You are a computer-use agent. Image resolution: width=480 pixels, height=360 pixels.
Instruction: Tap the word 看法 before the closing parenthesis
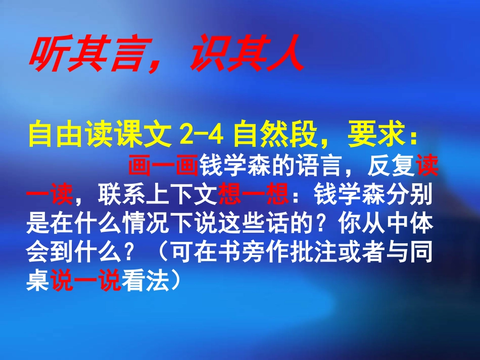146,283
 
